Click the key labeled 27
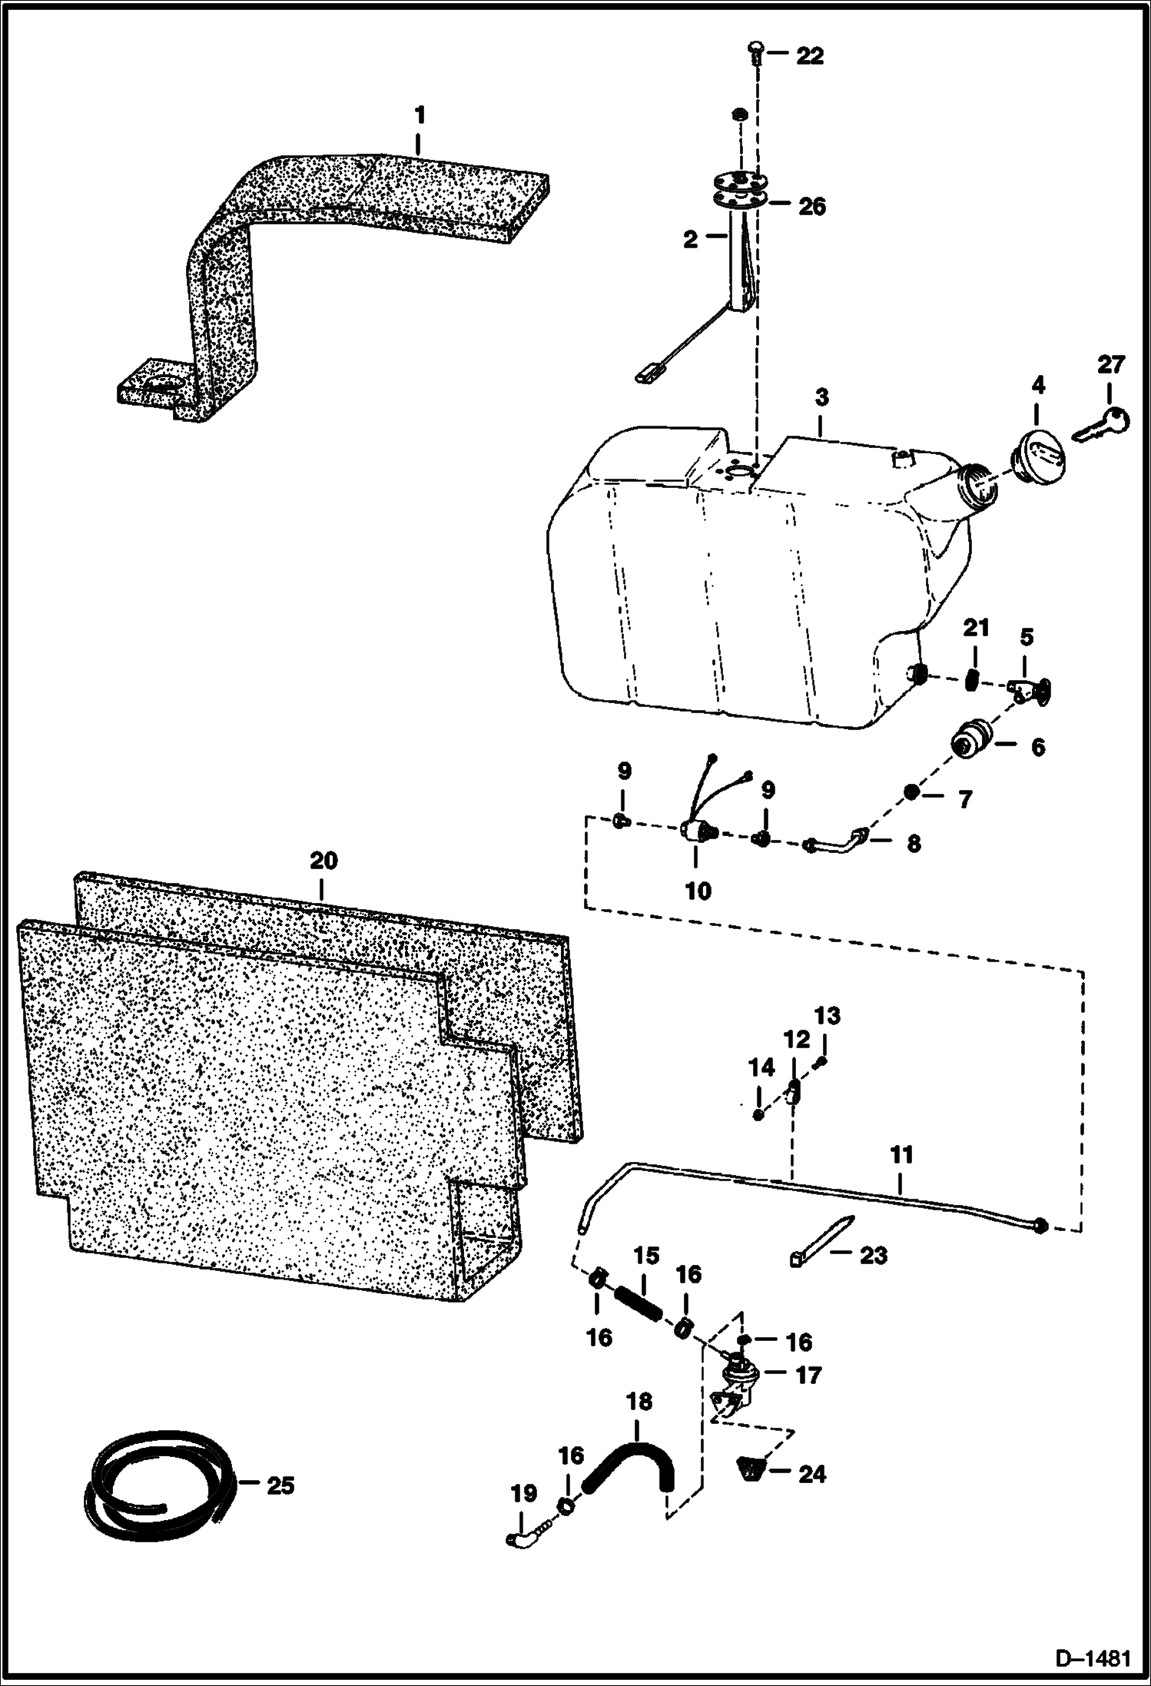pos(1100,424)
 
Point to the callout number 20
pos(323,861)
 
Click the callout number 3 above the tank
pos(822,398)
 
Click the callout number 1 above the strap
pos(420,116)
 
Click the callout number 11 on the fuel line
pos(901,1155)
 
